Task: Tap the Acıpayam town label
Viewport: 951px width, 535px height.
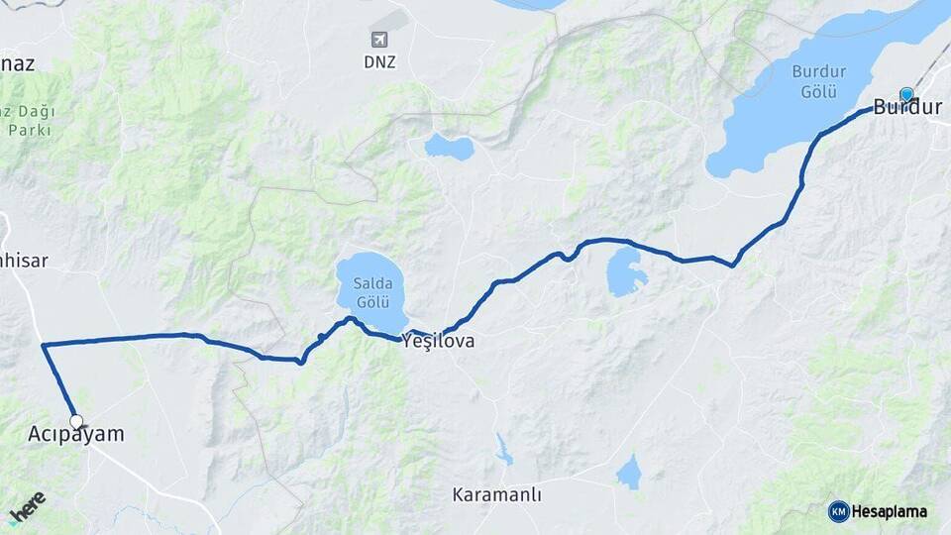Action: click(x=76, y=434)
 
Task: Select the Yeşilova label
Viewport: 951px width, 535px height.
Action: click(x=438, y=342)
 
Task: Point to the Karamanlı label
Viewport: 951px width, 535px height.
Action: click(x=496, y=494)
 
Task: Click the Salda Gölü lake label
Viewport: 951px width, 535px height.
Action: click(x=371, y=293)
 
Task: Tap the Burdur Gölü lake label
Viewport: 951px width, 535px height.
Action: click(x=820, y=81)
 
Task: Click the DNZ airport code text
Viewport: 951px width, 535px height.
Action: click(x=379, y=61)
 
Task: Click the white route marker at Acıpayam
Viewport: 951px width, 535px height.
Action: click(x=76, y=421)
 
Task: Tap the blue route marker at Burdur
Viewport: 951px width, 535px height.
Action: click(x=906, y=95)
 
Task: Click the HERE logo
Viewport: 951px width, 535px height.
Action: click(x=27, y=507)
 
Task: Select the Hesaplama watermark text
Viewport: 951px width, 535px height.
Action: click(x=890, y=512)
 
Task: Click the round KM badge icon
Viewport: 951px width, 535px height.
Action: click(x=839, y=511)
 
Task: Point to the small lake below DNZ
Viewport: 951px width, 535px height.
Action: click(x=450, y=148)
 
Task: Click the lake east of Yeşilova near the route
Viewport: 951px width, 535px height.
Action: click(x=626, y=271)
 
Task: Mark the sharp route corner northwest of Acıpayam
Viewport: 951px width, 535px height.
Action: click(x=44, y=345)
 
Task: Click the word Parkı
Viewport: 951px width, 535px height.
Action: click(x=31, y=130)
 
